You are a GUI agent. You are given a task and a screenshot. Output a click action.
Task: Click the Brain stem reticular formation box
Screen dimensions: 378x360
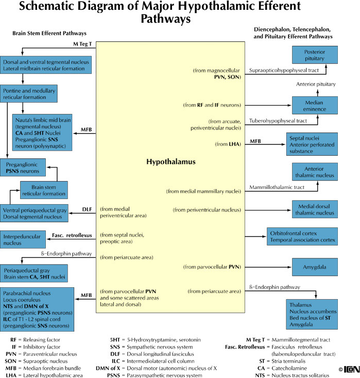coord(44,189)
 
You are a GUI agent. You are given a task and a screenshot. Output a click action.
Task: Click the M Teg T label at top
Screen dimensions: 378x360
coord(82,44)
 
